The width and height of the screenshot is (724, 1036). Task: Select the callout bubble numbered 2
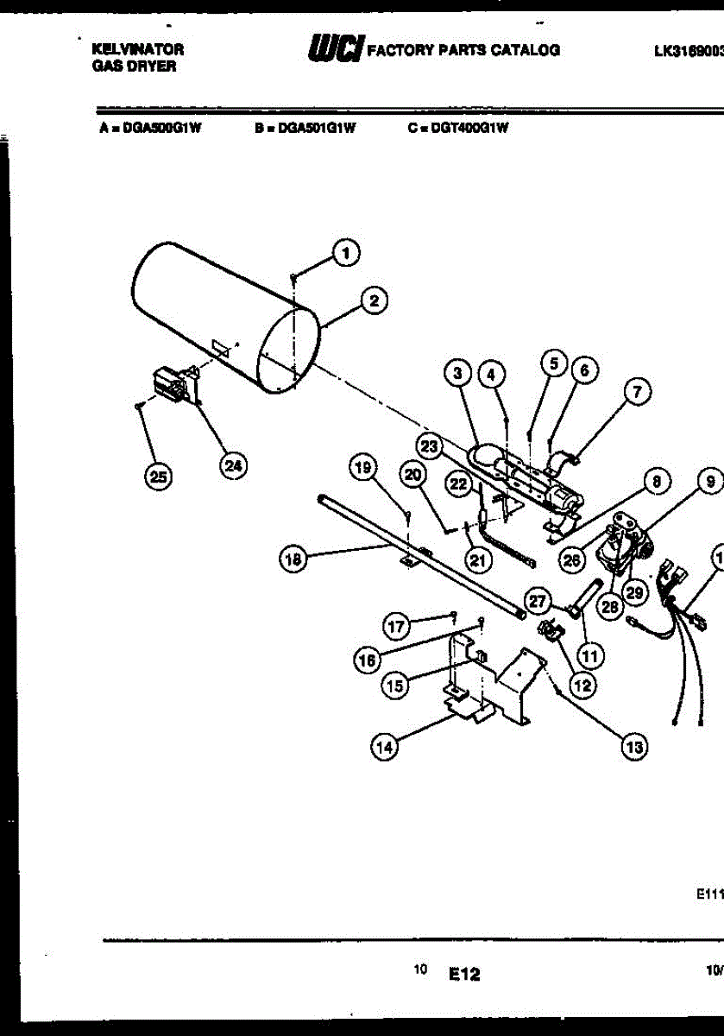click(x=374, y=300)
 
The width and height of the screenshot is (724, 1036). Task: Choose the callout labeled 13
click(x=635, y=747)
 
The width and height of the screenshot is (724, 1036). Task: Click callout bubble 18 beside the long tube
click(x=293, y=559)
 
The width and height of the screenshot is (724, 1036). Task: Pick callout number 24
click(x=232, y=465)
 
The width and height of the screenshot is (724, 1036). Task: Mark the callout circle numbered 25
click(x=158, y=476)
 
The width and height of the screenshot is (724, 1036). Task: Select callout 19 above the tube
click(x=362, y=469)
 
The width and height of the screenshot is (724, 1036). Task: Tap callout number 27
click(x=538, y=601)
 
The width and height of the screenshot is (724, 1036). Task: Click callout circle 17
click(x=395, y=627)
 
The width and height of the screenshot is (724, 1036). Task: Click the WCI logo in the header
click(x=334, y=49)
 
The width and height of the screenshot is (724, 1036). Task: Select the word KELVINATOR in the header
click(x=136, y=51)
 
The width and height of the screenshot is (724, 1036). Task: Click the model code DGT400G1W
click(x=458, y=127)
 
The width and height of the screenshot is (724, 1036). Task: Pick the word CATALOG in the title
click(x=526, y=50)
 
